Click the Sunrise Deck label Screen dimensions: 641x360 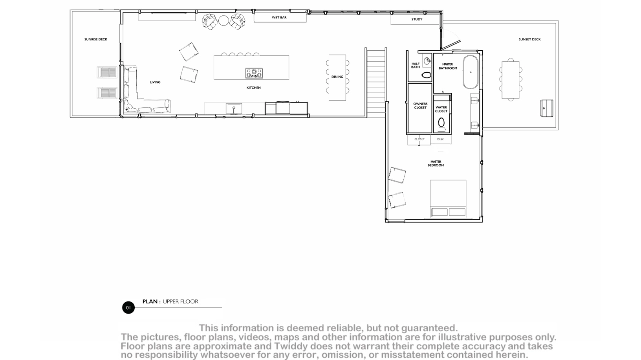[x=95, y=39]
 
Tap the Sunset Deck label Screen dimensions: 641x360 [x=529, y=39]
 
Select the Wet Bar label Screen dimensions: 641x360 [x=279, y=17]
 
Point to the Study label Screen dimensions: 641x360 [x=417, y=19]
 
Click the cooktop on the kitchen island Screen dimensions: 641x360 [x=254, y=73]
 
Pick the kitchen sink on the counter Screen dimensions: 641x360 [x=234, y=109]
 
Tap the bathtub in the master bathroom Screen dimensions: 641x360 [x=471, y=72]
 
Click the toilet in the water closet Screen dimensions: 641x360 [x=441, y=123]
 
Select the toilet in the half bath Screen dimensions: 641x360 [x=427, y=75]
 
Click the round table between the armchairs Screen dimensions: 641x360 [x=223, y=20]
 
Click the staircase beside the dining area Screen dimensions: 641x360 [x=376, y=83]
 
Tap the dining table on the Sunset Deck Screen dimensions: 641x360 [x=511, y=80]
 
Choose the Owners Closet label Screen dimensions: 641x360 [x=420, y=106]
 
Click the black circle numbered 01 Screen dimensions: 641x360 [x=128, y=308]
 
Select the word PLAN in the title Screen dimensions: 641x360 [x=150, y=301]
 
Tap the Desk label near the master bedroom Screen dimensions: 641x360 [x=440, y=139]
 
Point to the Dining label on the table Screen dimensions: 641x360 [x=337, y=77]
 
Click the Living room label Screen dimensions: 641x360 [x=155, y=82]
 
